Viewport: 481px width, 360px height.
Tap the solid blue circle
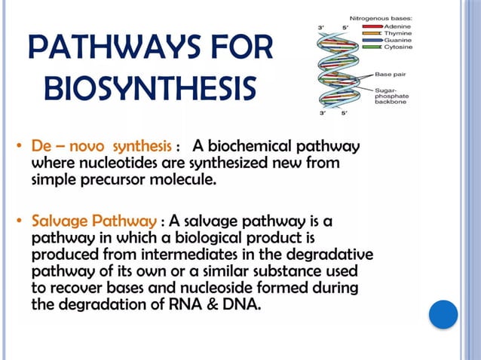(443, 314)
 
